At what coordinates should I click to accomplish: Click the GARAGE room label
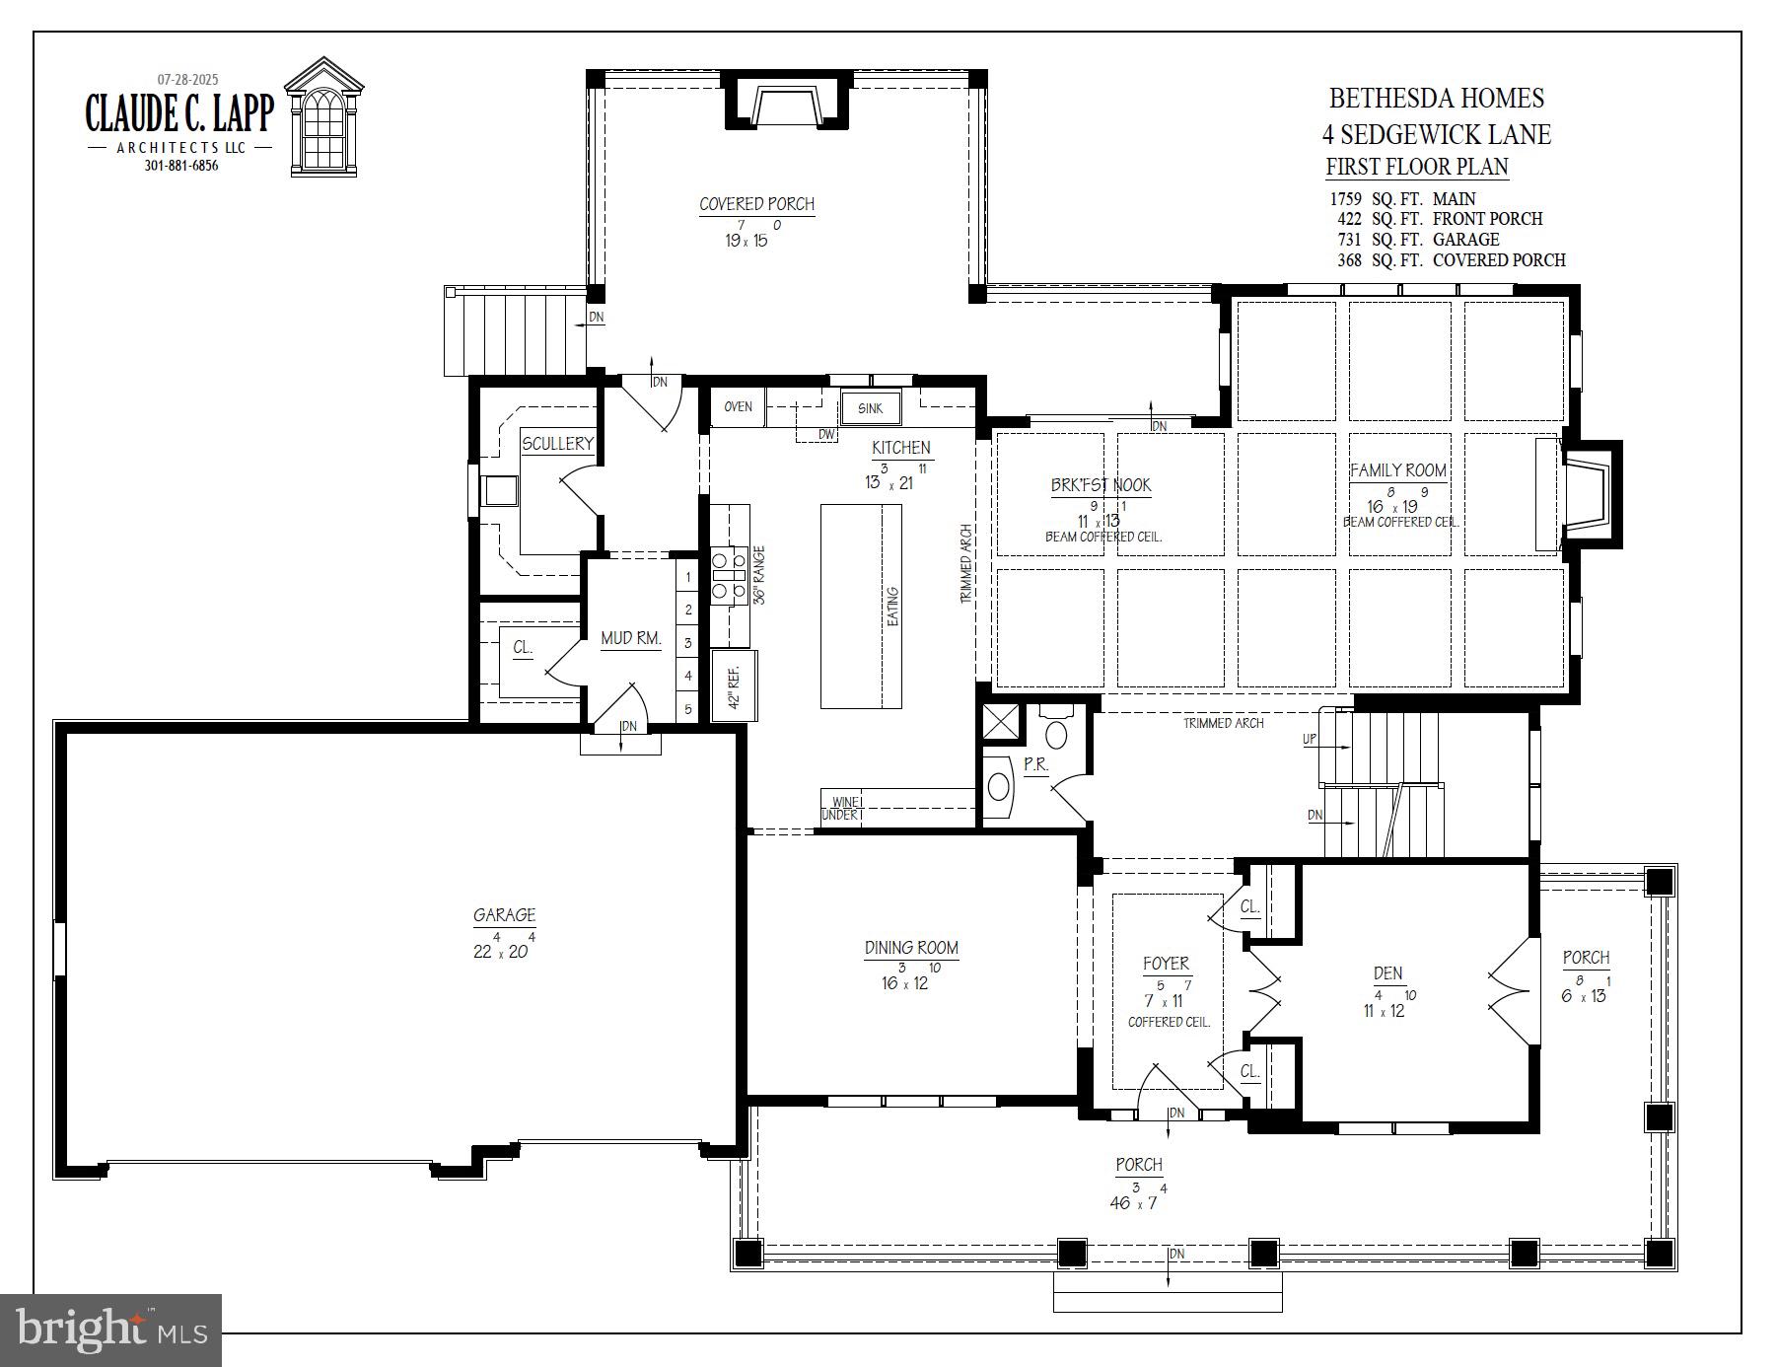pyautogui.click(x=504, y=915)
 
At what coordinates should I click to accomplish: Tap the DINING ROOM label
pyautogui.click(x=911, y=948)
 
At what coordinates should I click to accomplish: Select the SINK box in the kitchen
pyautogui.click(x=870, y=408)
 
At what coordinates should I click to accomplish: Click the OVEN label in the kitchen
pyautogui.click(x=738, y=406)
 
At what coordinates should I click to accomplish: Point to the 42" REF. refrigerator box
pyautogui.click(x=734, y=686)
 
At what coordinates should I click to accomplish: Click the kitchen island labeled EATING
pyautogui.click(x=861, y=606)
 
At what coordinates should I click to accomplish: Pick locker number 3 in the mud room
pyautogui.click(x=688, y=643)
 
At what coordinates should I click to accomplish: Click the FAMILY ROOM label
pyautogui.click(x=1397, y=470)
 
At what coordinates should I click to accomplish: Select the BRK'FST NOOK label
pyautogui.click(x=1101, y=485)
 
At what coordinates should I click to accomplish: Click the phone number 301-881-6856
pyautogui.click(x=181, y=166)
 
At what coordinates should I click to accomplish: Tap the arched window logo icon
pyautogui.click(x=324, y=120)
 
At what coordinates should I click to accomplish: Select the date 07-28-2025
pyautogui.click(x=188, y=79)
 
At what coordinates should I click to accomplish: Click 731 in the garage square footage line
pyautogui.click(x=1350, y=240)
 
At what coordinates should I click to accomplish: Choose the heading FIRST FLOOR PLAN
pyautogui.click(x=1416, y=167)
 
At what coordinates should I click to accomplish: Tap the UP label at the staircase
pyautogui.click(x=1310, y=739)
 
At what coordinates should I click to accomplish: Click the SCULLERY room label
pyautogui.click(x=557, y=444)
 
